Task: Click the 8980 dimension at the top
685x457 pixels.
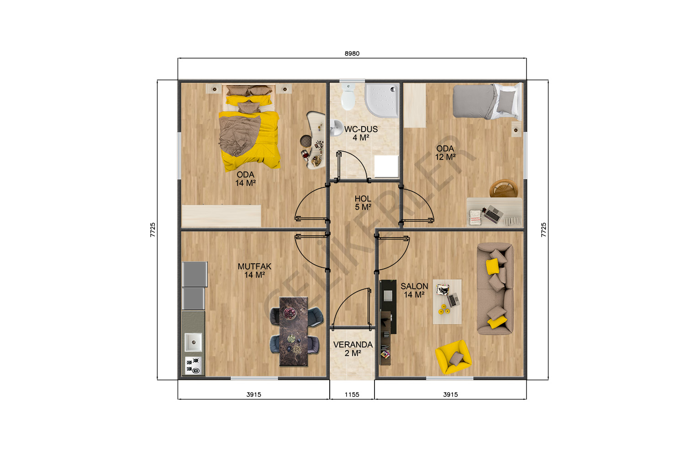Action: [352, 53]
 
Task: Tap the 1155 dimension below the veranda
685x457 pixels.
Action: [352, 394]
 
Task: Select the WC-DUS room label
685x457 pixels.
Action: [361, 129]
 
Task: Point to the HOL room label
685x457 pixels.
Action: [363, 199]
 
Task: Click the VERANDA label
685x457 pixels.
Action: [353, 345]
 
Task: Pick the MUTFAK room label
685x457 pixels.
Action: [254, 266]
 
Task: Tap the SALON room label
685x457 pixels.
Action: [414, 287]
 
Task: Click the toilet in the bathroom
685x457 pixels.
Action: [348, 96]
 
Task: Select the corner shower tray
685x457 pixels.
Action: [382, 100]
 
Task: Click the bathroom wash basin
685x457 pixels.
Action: [336, 128]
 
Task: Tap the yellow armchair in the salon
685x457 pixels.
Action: [453, 357]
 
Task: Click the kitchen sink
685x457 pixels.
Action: [193, 342]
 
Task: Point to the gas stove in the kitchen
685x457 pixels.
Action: [193, 366]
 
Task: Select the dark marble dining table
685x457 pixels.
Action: [294, 331]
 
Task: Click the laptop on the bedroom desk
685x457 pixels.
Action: [493, 214]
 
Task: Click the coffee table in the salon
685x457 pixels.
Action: [448, 302]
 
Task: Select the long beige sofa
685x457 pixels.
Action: [495, 289]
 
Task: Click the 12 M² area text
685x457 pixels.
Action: [445, 157]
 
